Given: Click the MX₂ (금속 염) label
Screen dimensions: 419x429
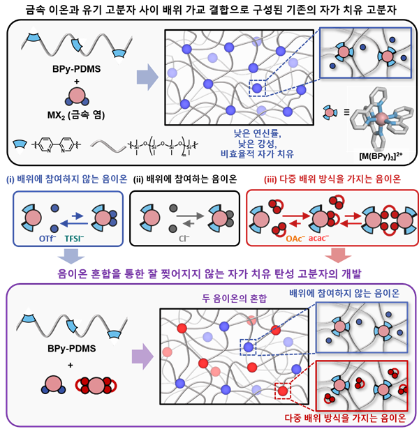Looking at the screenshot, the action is point(76,115).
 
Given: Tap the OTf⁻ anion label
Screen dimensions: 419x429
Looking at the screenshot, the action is point(47,239).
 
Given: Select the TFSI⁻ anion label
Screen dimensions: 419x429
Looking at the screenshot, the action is point(74,239).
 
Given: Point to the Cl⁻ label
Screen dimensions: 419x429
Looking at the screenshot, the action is point(184,239).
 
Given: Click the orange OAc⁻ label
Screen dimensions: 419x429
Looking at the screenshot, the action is point(295,239).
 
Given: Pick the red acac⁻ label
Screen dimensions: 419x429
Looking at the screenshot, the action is point(318,239).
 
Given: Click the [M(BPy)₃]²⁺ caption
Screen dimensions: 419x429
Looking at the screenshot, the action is point(381,156).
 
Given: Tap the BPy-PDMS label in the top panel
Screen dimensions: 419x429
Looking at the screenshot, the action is point(76,69).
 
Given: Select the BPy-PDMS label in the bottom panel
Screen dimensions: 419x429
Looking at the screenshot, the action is point(72,349).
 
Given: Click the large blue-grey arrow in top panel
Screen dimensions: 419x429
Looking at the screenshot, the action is point(147,77).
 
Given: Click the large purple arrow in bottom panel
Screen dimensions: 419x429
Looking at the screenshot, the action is point(142,356).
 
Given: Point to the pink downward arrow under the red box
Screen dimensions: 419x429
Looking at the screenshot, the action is point(338,255).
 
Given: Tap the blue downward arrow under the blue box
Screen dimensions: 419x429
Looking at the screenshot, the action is point(71,256).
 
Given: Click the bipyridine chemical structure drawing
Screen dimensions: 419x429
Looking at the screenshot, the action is point(56,144).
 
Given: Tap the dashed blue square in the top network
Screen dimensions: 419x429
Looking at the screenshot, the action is point(257,88).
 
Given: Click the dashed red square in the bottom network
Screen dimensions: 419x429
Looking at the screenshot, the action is point(283,391).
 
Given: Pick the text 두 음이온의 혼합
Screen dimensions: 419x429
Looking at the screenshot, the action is point(234,299).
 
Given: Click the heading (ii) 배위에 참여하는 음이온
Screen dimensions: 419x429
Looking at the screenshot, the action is point(185,179).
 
